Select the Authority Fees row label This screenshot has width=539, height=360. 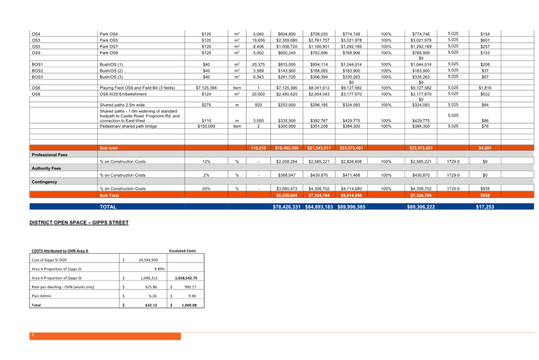46,168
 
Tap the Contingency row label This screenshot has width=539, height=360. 44,181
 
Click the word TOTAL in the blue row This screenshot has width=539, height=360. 108,207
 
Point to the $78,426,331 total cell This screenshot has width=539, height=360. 286,207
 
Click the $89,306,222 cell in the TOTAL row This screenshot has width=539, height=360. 422,207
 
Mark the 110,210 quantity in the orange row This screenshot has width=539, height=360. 258,148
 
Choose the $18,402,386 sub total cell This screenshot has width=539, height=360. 287,148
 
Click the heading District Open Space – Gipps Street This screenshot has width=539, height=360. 79,222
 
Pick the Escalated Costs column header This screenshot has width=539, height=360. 182,251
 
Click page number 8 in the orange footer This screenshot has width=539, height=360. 33,335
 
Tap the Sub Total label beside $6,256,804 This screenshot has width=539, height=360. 109,195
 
